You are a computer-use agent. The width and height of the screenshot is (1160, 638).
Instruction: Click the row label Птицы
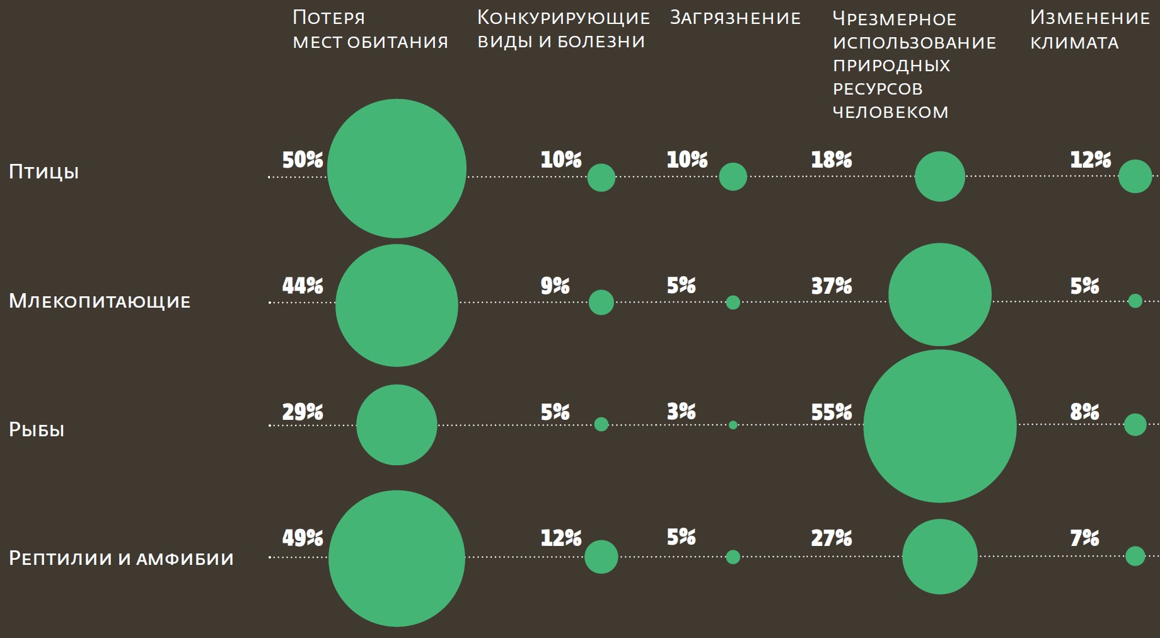coord(43,172)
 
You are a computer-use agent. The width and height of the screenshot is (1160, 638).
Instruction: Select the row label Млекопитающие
coord(100,301)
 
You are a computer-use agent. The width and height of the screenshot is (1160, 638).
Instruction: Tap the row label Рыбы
coord(37,430)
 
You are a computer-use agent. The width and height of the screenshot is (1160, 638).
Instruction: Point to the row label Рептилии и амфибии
coord(121,558)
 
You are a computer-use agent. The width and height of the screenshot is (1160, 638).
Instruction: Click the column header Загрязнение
coord(735,18)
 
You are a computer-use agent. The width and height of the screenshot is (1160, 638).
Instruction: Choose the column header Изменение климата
coord(1089,30)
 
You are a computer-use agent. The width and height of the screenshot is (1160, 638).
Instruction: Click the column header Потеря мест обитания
coord(370,30)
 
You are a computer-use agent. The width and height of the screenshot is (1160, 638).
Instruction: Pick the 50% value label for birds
coord(303,160)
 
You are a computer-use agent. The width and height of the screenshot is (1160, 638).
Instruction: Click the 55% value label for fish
coord(832,412)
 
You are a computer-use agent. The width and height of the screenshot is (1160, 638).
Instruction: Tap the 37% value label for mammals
coord(832,286)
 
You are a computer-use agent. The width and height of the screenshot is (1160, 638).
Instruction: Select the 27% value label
coord(832,538)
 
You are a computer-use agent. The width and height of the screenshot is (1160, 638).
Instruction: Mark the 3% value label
coord(681,412)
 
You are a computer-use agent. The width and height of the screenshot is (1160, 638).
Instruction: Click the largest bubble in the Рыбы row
coord(939,426)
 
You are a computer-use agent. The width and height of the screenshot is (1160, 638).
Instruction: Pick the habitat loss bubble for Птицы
coord(397,168)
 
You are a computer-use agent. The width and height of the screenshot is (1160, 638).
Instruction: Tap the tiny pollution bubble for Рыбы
coord(733,425)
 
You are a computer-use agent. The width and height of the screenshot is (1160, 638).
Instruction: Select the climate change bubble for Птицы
coord(1135,176)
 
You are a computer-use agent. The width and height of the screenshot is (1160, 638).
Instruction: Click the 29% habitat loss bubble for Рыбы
coord(397,425)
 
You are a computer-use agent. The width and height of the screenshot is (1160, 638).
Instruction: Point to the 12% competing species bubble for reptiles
coord(601,557)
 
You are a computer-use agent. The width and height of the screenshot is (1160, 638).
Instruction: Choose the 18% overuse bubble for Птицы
coord(939,177)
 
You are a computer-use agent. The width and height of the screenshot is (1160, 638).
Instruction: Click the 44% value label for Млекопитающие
coord(303,286)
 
